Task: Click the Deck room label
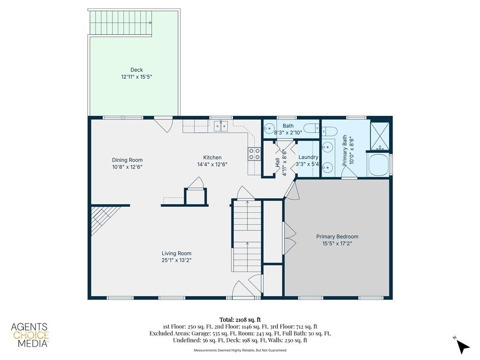click(136, 70)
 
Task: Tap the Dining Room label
click(127, 160)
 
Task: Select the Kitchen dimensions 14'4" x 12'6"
click(212, 165)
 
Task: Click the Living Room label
click(177, 253)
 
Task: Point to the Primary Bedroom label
click(337, 236)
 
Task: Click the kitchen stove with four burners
click(254, 154)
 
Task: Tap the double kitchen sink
click(221, 126)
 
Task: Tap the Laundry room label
click(308, 157)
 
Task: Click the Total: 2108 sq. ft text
click(240, 320)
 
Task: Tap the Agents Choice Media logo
click(30, 335)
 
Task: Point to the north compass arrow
click(462, 345)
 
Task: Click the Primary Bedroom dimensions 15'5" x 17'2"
click(337, 243)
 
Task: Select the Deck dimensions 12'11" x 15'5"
click(136, 77)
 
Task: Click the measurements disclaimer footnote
click(240, 350)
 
